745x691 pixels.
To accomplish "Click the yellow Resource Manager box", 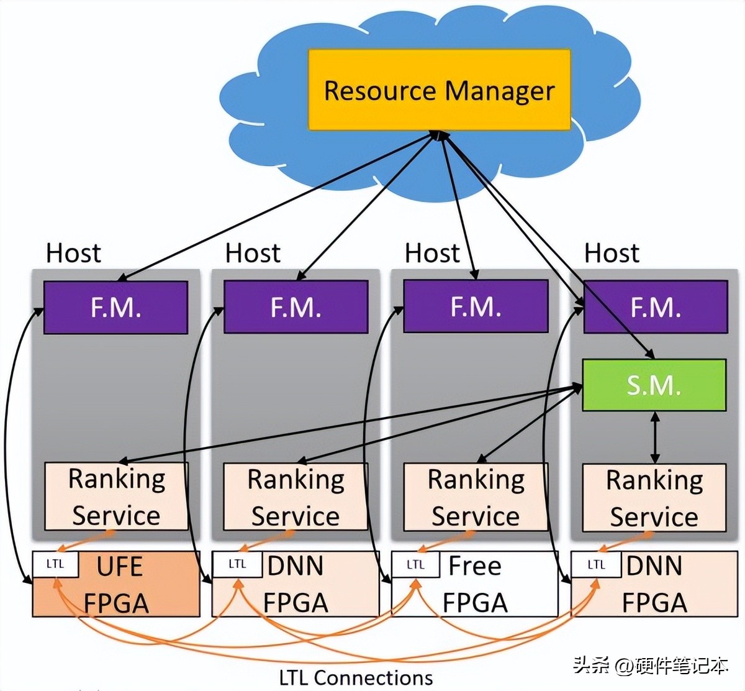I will (439, 90).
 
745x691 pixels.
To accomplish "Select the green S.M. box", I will (654, 385).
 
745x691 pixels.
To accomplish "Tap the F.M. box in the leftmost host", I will (115, 308).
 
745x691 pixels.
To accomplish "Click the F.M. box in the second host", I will (296, 308).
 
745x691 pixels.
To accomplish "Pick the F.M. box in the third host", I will (476, 306).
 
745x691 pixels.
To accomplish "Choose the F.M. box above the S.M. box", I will (656, 307).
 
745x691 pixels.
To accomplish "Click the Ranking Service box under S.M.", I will (654, 498).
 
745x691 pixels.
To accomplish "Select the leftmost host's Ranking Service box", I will (116, 497).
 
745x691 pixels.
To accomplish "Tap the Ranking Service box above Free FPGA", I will (476, 497).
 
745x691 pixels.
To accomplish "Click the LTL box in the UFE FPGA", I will (55, 564).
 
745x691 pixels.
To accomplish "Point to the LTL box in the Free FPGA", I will (415, 564).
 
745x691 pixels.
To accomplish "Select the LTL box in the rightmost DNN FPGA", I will (596, 564).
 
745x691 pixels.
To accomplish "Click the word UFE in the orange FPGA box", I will (120, 567).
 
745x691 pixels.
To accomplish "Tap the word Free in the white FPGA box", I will (475, 566).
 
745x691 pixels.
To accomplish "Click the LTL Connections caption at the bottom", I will (356, 677).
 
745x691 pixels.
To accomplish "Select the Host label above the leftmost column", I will (73, 253).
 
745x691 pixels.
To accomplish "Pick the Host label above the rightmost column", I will (612, 253).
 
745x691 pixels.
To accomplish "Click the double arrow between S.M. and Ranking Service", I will (654, 437).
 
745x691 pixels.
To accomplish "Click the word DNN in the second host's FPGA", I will (296, 566).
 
